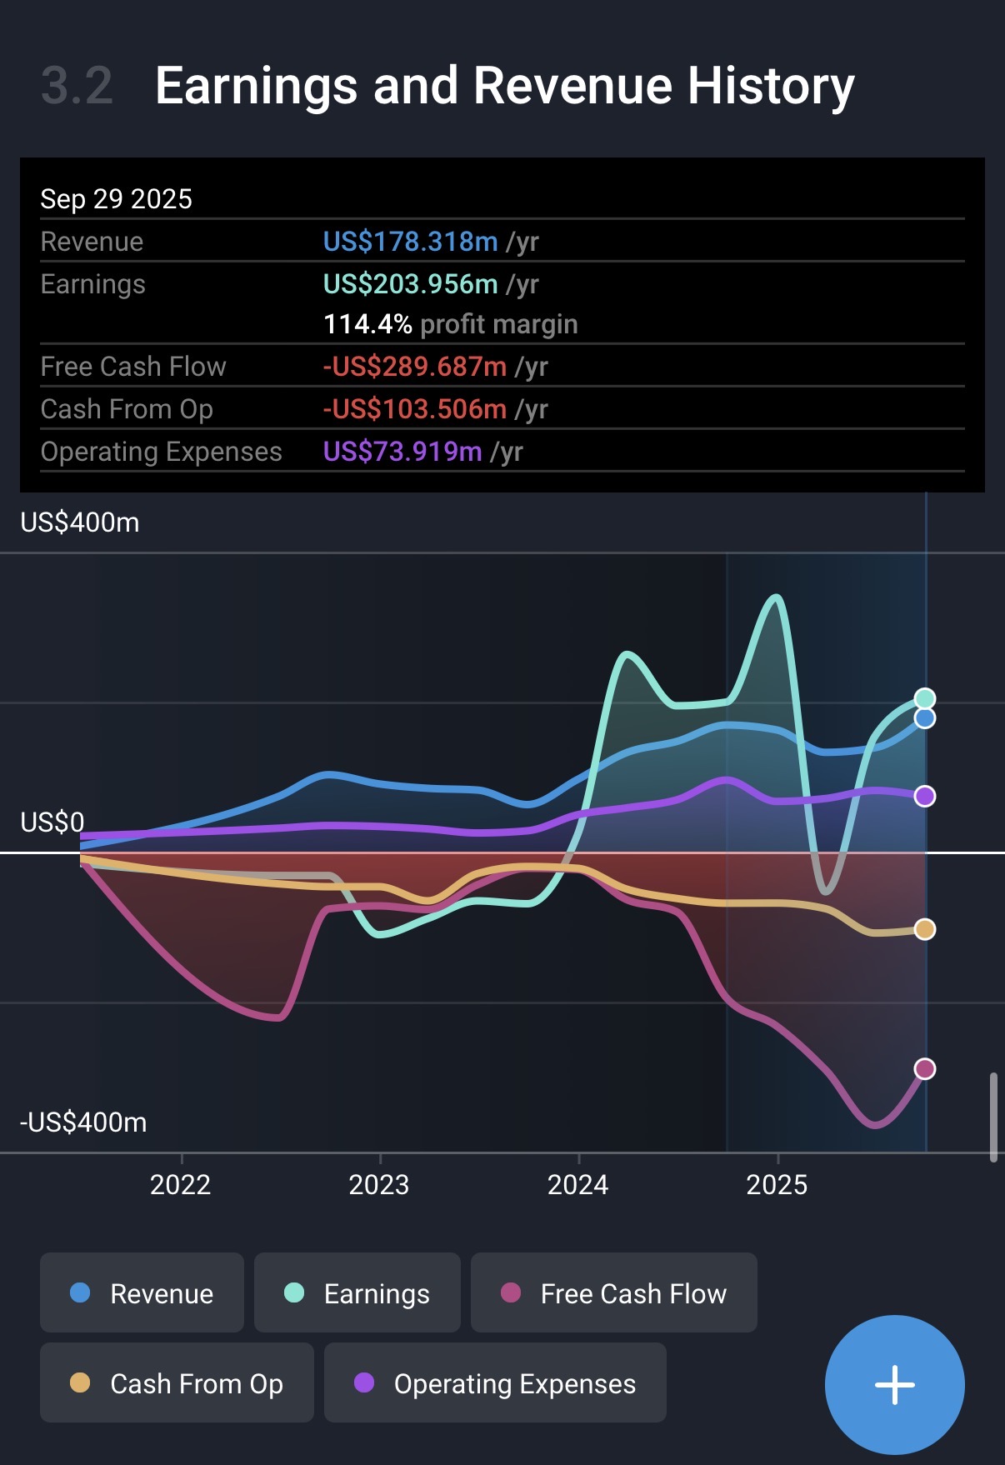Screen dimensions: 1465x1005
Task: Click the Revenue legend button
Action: tap(142, 1292)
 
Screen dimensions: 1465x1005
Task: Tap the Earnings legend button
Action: tap(357, 1292)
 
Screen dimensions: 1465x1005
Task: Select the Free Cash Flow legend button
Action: tap(613, 1292)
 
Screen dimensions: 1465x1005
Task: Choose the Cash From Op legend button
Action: tap(177, 1382)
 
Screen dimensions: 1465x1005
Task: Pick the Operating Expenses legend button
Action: tap(495, 1382)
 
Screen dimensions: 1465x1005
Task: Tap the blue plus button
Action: tap(894, 1384)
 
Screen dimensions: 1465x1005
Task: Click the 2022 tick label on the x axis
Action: tap(180, 1184)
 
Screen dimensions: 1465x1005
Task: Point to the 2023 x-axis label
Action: tap(379, 1184)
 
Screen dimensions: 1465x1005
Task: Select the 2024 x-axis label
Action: tap(577, 1184)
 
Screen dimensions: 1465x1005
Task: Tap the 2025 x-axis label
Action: tap(777, 1184)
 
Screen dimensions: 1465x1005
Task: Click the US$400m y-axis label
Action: tap(80, 522)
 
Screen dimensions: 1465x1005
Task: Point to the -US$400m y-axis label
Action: tap(83, 1122)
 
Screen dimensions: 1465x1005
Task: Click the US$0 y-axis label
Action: tap(52, 822)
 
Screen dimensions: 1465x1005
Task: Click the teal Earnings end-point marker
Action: tap(924, 698)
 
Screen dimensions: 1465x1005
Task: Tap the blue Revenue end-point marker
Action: tap(924, 718)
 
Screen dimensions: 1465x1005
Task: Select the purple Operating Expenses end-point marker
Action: tap(924, 796)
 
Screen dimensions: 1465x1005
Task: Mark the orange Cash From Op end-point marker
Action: tap(924, 929)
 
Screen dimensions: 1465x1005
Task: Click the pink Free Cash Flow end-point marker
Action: tap(924, 1068)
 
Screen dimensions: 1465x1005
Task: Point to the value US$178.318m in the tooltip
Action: tap(410, 242)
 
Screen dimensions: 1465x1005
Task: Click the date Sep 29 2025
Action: tap(116, 199)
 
